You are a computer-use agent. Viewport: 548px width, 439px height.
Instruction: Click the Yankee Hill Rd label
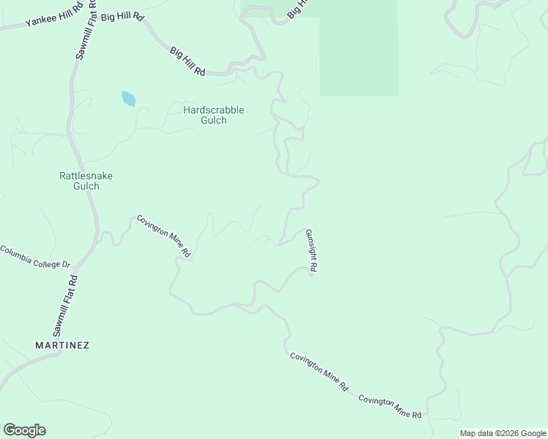pyautogui.click(x=49, y=19)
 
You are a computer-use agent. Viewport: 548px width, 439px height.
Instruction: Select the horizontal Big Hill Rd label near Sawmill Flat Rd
pyautogui.click(x=122, y=15)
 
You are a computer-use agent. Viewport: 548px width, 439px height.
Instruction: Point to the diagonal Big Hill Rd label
pyautogui.click(x=187, y=61)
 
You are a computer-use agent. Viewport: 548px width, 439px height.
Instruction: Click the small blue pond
pyautogui.click(x=128, y=99)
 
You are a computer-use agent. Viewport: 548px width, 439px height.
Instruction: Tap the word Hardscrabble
pyautogui.click(x=213, y=110)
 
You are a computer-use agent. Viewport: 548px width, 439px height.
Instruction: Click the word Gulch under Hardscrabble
pyautogui.click(x=213, y=121)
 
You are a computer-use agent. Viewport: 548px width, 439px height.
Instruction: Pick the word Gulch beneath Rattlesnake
pyautogui.click(x=86, y=187)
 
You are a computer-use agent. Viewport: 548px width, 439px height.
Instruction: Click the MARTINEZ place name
pyautogui.click(x=62, y=345)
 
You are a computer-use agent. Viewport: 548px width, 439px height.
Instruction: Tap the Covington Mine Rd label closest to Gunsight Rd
pyautogui.click(x=319, y=372)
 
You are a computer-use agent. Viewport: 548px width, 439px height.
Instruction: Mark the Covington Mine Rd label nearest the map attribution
pyautogui.click(x=390, y=406)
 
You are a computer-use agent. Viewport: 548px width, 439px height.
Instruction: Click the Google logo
pyautogui.click(x=24, y=430)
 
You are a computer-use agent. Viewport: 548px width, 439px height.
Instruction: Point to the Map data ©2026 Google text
pyautogui.click(x=503, y=433)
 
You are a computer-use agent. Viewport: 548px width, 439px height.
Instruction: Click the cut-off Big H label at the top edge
pyautogui.click(x=295, y=8)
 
